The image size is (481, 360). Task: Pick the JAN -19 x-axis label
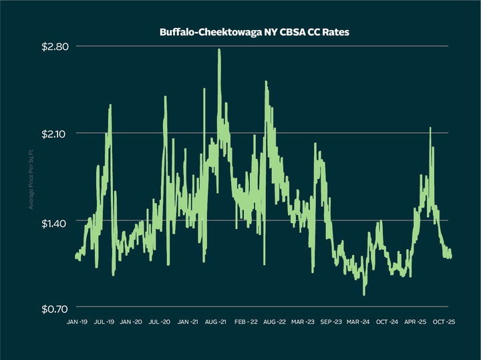(x=77, y=322)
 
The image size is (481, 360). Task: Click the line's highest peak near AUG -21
(x=219, y=49)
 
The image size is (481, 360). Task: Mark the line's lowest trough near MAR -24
(x=364, y=295)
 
